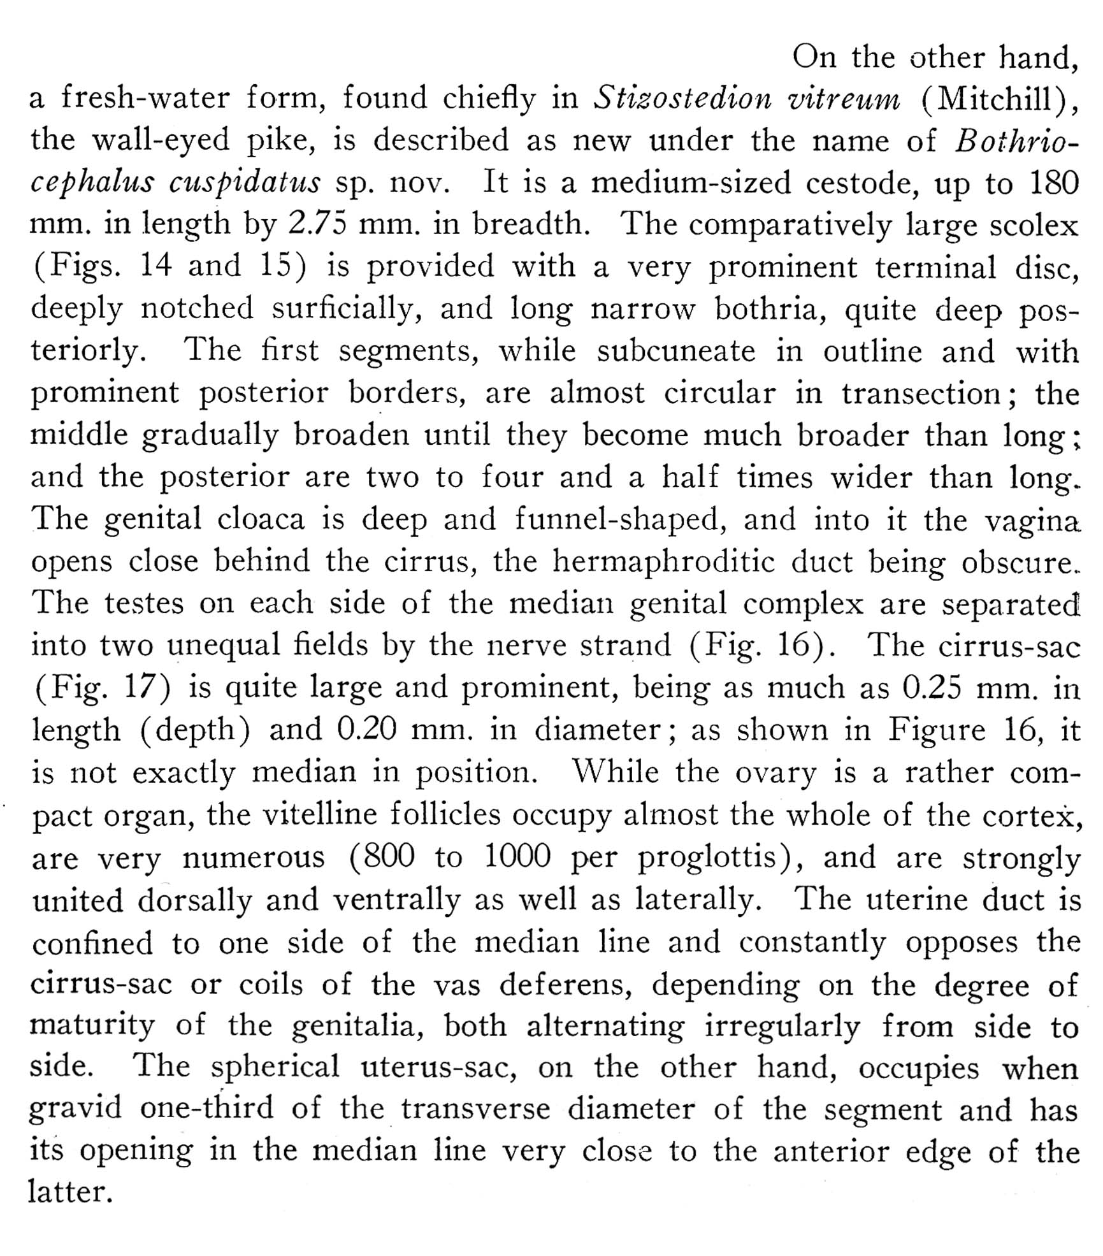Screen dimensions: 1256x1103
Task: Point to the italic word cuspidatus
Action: coord(245,184)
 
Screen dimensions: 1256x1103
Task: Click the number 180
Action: coord(1053,183)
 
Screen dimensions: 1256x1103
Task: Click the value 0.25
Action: coord(932,688)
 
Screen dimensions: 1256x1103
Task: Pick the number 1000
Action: coord(517,857)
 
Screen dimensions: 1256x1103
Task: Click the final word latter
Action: coord(69,1192)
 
